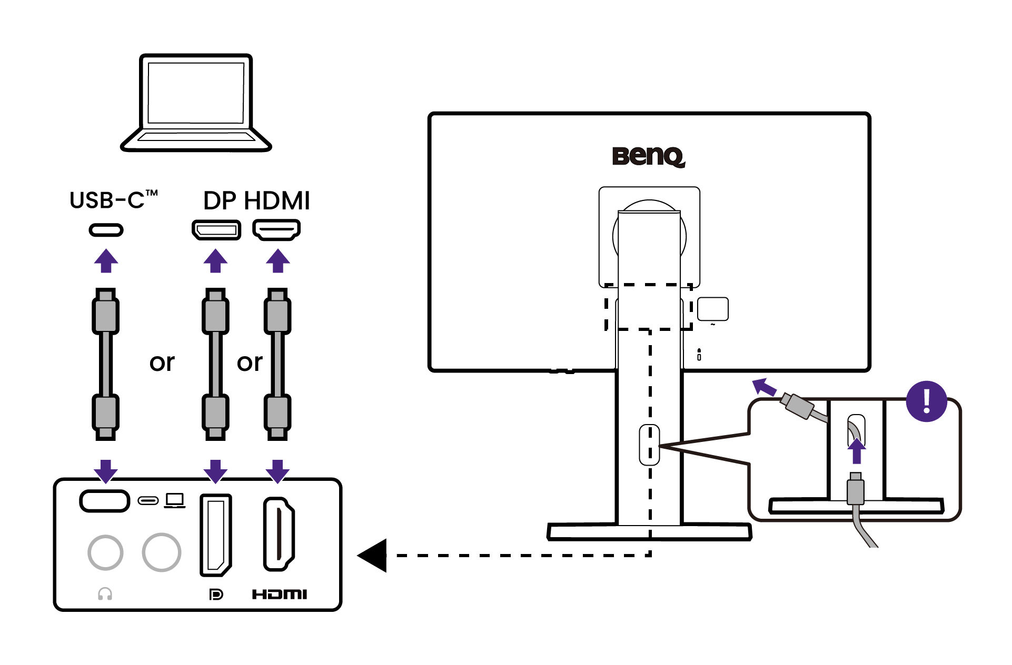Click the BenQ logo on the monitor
click(648, 156)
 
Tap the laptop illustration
click(196, 103)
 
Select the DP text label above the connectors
click(220, 201)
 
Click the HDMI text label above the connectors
click(277, 201)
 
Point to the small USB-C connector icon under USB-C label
click(106, 230)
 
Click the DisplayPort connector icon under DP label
click(216, 230)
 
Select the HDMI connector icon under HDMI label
click(276, 230)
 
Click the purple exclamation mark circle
click(926, 401)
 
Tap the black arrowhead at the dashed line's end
click(373, 555)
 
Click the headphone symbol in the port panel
click(105, 594)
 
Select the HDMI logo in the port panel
click(279, 595)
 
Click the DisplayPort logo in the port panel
click(216, 595)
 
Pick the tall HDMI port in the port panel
click(279, 534)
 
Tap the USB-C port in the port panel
click(105, 501)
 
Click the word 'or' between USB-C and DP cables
click(162, 362)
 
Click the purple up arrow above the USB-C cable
click(106, 261)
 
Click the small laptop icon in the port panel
click(174, 500)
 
